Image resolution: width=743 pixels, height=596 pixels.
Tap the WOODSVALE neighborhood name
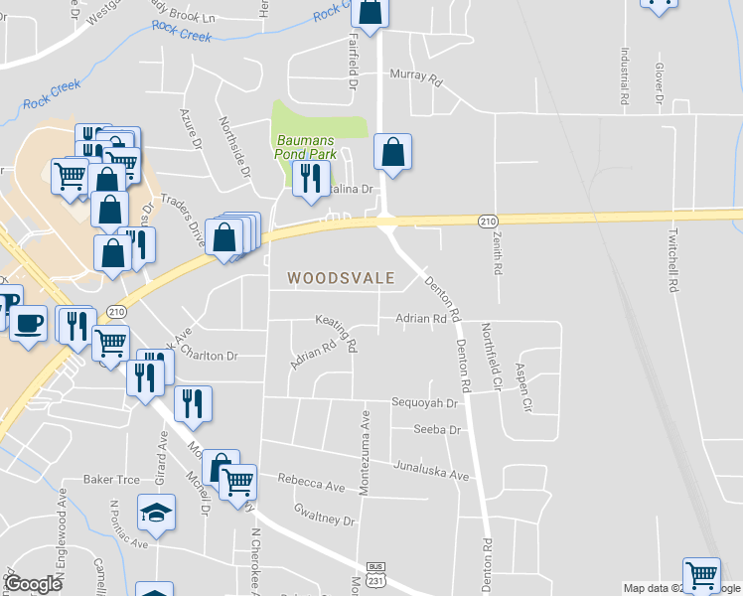pos(341,279)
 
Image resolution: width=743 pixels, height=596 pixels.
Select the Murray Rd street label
pos(414,75)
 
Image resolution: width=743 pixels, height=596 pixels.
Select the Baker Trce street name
pos(111,479)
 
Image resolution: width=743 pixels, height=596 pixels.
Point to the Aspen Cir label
pos(522,389)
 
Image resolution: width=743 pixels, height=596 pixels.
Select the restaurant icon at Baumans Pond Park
pos(312,178)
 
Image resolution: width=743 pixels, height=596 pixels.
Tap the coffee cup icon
pos(28,323)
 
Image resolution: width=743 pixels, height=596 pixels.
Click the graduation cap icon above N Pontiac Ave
pos(156,513)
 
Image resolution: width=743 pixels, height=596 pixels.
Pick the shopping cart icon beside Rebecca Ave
pos(237,482)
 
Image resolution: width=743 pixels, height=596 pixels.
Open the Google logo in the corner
pos(34,584)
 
